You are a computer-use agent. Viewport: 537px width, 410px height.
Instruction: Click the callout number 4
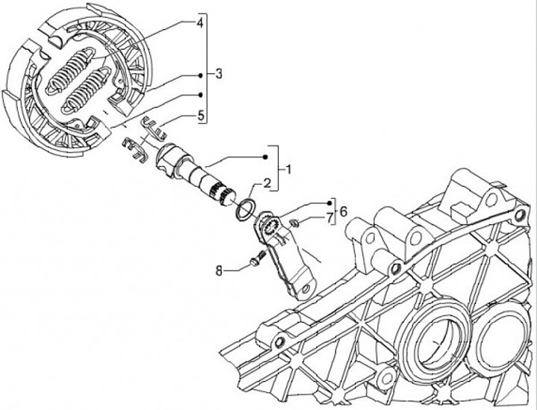(x=199, y=24)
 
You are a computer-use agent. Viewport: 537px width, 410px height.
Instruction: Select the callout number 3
(x=219, y=75)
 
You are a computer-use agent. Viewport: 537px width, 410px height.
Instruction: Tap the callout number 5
(x=201, y=116)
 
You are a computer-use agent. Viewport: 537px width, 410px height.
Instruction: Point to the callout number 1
(x=288, y=168)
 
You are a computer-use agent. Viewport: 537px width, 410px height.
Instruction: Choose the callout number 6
(x=344, y=212)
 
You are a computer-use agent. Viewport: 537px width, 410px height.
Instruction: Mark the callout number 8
(x=219, y=270)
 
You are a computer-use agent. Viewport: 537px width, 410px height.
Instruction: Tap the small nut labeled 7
(x=294, y=221)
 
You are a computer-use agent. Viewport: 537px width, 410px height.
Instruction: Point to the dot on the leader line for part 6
(x=329, y=203)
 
